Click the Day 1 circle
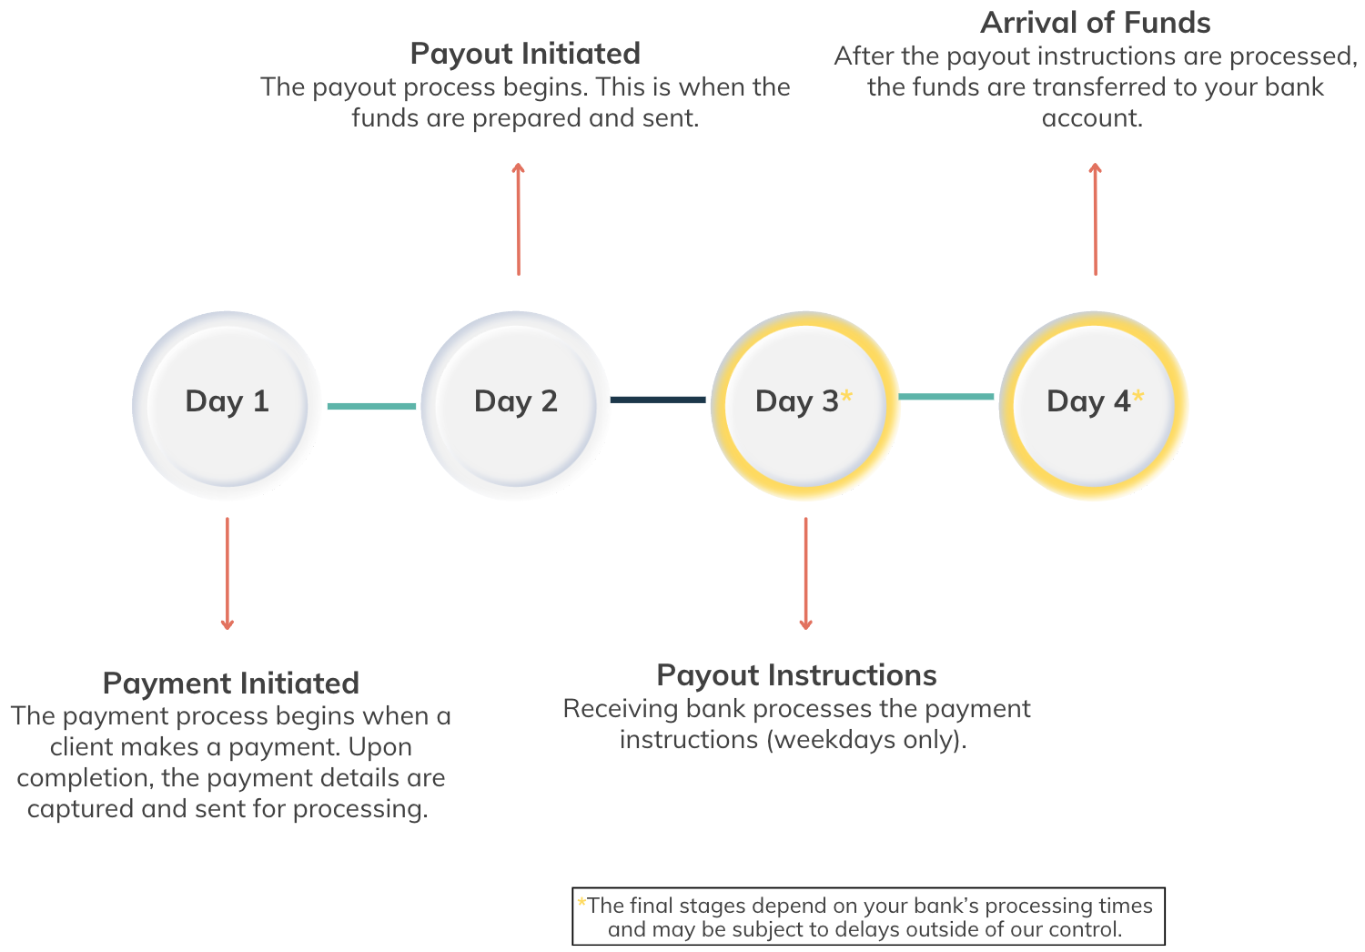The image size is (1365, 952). pyautogui.click(x=227, y=405)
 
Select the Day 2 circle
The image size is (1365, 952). pyautogui.click(x=515, y=405)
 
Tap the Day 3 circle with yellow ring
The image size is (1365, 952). pyautogui.click(x=804, y=405)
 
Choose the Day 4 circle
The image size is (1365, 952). pyautogui.click(x=1094, y=405)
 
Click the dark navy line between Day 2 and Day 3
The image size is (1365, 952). pyautogui.click(x=658, y=400)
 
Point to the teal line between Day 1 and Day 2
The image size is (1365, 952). pyautogui.click(x=371, y=406)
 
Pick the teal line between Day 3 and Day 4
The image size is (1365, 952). pyautogui.click(x=946, y=397)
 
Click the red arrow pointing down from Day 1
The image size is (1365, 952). pyautogui.click(x=227, y=573)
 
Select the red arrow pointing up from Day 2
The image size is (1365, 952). pyautogui.click(x=518, y=218)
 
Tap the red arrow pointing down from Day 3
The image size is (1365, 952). pyautogui.click(x=805, y=573)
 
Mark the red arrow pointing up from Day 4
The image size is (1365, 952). pyautogui.click(x=1095, y=218)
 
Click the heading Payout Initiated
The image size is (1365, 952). pyautogui.click(x=525, y=54)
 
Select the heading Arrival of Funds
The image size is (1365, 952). pyautogui.click(x=1095, y=23)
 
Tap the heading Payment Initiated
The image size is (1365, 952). pyautogui.click(x=230, y=684)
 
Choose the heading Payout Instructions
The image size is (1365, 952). pyautogui.click(x=796, y=675)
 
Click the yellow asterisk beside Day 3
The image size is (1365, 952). pyautogui.click(x=846, y=397)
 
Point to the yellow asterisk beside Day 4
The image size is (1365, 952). pyautogui.click(x=1137, y=397)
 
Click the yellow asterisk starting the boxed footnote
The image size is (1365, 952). pyautogui.click(x=581, y=903)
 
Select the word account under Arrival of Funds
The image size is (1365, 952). pyautogui.click(x=1091, y=118)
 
